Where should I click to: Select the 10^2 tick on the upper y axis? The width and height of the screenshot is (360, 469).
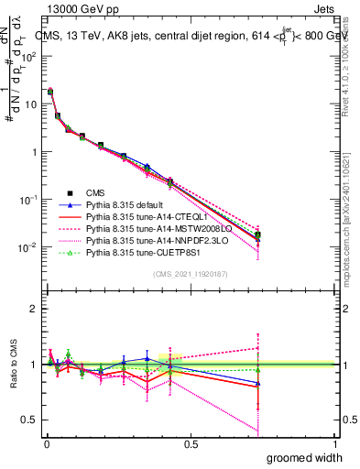point(29,56)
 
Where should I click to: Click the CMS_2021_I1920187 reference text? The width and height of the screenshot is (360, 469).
point(189,274)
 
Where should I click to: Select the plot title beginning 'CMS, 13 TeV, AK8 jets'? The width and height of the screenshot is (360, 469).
point(188,34)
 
